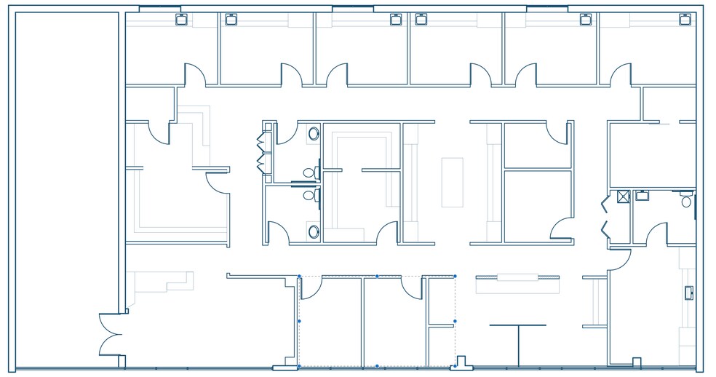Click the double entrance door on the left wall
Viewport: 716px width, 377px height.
point(111,335)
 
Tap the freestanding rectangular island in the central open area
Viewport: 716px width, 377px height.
point(452,182)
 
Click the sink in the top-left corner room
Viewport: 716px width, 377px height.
point(181,20)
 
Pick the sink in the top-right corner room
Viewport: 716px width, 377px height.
point(684,20)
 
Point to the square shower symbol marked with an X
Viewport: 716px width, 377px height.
point(623,196)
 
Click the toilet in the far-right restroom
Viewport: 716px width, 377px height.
point(686,201)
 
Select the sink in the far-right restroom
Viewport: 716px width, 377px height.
point(642,195)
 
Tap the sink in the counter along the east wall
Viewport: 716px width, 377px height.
point(688,293)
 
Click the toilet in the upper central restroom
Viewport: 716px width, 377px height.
point(309,172)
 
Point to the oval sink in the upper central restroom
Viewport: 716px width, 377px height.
point(314,134)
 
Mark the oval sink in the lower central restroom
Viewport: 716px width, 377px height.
point(314,231)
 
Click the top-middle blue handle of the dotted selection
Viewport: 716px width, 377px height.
point(377,276)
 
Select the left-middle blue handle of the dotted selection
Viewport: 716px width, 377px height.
point(299,321)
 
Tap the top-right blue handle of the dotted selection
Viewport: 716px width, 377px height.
point(455,276)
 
